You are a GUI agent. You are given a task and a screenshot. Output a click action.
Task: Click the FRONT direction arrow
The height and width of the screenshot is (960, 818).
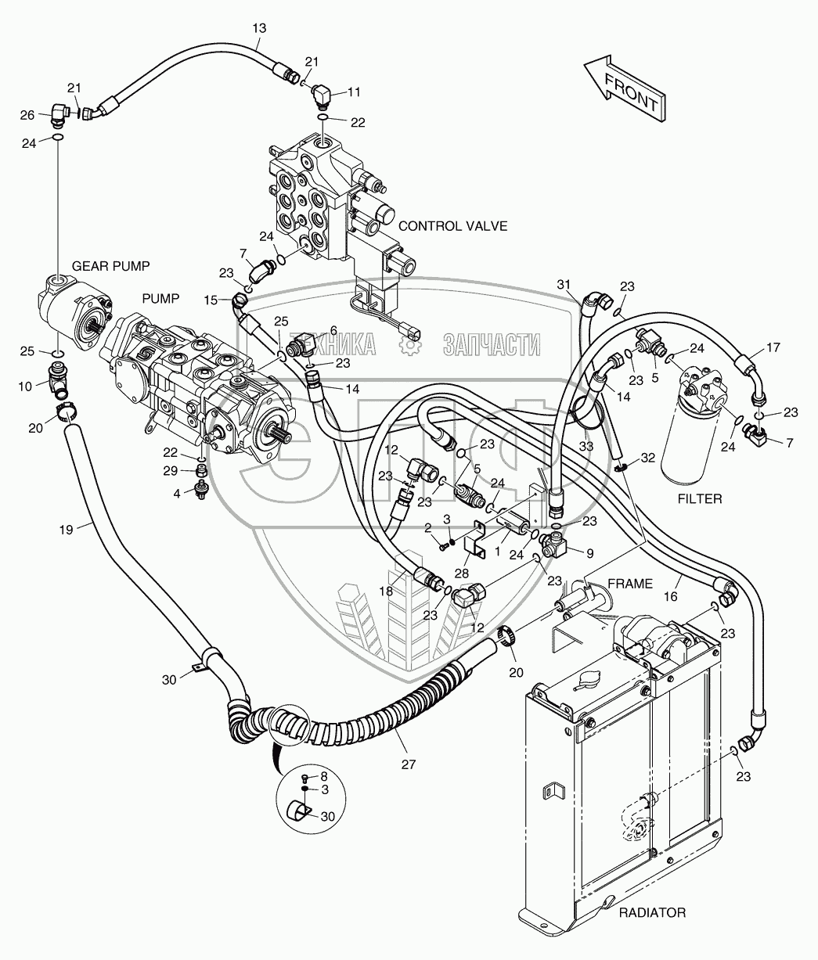625,90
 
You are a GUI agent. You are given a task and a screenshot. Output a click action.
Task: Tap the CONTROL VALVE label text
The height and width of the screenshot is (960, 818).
452,226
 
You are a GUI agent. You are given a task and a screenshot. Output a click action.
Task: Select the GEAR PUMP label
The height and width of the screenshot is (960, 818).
110,264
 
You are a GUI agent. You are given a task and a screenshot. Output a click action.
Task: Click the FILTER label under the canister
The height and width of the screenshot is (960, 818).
701,498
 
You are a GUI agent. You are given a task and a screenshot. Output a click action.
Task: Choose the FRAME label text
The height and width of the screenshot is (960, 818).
630,583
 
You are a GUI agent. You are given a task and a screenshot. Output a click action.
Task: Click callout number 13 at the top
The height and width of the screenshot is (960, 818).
259,28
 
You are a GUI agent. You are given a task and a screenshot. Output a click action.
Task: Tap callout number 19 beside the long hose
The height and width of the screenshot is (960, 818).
66,530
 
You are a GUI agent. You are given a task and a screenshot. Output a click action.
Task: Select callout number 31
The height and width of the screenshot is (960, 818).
565,284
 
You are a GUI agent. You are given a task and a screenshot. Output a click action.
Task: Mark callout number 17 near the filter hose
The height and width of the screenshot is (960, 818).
773,347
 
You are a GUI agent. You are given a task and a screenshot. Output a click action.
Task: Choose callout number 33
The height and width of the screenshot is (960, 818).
586,447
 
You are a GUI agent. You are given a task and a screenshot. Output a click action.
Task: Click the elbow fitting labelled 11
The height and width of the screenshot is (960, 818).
320,97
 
